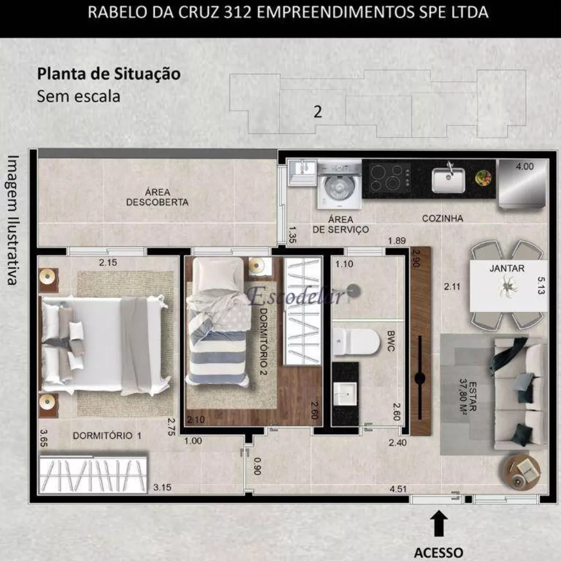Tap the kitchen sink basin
coord(448,180)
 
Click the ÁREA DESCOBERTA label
coord(157,197)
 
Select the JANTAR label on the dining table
coord(507,269)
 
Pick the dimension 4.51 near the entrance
coord(398,489)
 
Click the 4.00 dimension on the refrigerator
coord(525,167)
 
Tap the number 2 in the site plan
coord(318,112)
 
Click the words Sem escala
coord(79,96)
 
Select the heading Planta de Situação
coord(108,73)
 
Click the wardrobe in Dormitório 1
coord(93,474)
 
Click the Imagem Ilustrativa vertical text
coord(13,219)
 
